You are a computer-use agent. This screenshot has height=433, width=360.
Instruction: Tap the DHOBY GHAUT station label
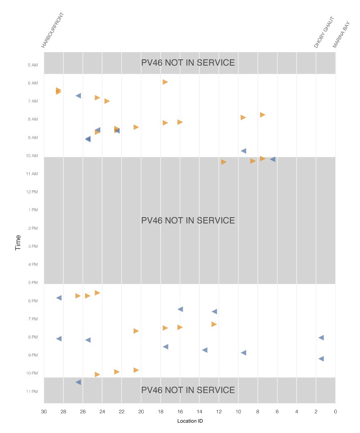coord(324,33)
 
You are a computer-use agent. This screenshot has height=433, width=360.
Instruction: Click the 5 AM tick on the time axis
coord(32,65)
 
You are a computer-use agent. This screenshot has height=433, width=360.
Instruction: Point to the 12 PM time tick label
coord(32,192)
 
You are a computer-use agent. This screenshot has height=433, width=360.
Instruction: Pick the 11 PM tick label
coord(32,392)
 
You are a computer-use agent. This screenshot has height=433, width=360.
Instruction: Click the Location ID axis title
coord(189,421)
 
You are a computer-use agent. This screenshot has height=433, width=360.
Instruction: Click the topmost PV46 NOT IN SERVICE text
coord(188,63)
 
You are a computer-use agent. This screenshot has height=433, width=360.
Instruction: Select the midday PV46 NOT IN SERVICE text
coord(188,221)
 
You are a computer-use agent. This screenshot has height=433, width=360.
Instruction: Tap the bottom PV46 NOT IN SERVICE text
coord(188,390)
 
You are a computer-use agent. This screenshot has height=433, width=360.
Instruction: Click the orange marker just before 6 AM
coord(165,82)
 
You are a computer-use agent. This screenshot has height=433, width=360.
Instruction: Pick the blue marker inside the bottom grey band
coord(78,382)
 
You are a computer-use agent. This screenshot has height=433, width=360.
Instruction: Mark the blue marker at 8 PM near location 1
coord(321,338)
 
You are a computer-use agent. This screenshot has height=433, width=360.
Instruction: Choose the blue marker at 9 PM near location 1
coord(321,359)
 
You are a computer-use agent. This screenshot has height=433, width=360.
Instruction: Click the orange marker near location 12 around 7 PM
coord(214,324)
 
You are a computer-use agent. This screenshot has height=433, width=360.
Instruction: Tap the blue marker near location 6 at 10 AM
coord(273,159)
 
